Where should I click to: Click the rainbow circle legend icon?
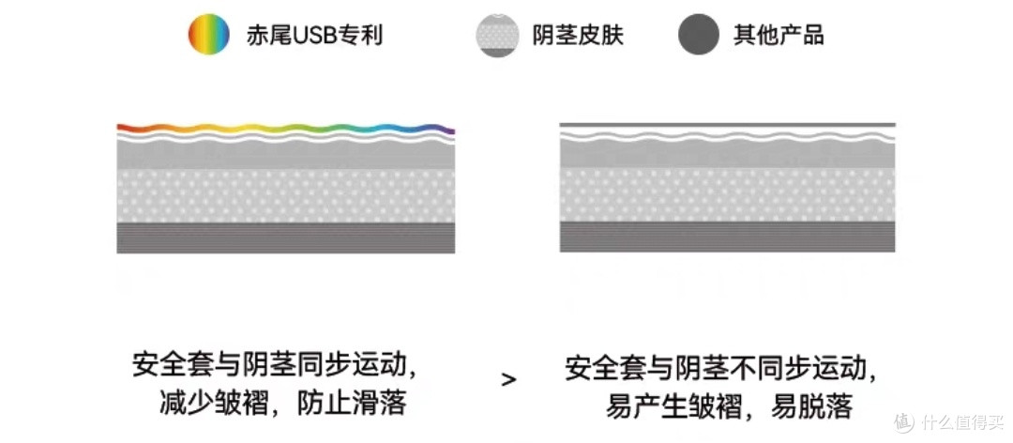pos(208,35)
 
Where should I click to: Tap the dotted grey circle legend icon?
pos(497,35)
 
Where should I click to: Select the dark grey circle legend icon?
pos(699,35)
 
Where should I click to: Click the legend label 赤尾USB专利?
pos(314,35)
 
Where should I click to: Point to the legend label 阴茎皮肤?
pos(578,35)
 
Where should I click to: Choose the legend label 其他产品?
pos(779,35)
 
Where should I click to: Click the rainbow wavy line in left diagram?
pos(285,128)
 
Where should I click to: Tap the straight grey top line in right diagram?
pos(728,125)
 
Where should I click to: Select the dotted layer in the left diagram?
pos(285,196)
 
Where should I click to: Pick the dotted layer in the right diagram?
pos(728,195)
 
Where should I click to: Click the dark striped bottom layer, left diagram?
pos(285,238)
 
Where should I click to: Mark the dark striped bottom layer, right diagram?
pos(728,237)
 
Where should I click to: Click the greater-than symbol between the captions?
pos(509,379)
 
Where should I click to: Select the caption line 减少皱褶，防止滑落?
pos(282,405)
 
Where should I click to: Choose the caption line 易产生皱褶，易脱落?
pos(730,407)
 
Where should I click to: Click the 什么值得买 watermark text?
pos(962,423)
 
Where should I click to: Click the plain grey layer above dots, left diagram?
pos(285,155)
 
